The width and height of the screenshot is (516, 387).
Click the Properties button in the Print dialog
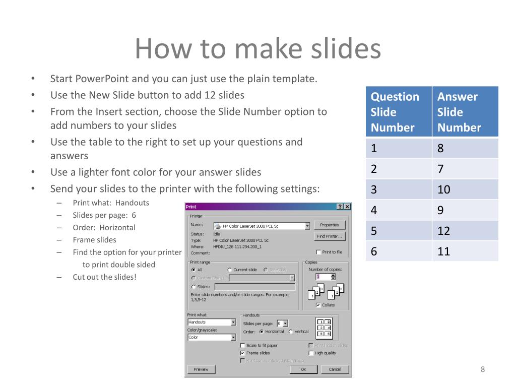[x=329, y=225]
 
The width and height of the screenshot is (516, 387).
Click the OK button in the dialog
[x=303, y=369]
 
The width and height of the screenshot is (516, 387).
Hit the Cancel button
[x=335, y=369]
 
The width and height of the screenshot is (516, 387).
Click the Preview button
[x=201, y=369]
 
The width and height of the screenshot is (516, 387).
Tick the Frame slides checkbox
[x=243, y=353]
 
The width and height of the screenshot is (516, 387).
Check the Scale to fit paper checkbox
[x=243, y=346]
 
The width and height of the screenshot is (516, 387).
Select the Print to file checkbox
[x=318, y=252]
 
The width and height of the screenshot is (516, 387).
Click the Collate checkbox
[x=318, y=305]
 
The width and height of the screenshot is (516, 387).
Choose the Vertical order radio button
[x=291, y=332]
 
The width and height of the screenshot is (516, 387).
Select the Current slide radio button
[x=230, y=270]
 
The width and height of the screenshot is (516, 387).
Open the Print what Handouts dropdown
[x=233, y=322]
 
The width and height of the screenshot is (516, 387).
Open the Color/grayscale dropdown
[x=233, y=338]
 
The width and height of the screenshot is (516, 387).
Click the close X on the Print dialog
[x=347, y=207]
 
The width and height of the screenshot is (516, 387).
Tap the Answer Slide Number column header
[x=465, y=112]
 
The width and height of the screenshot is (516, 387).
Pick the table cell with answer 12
[x=465, y=231]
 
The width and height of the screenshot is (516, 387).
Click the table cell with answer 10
[x=465, y=189]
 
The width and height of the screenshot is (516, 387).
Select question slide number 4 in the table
[x=398, y=210]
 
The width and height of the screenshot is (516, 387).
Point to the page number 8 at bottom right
[x=482, y=370]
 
